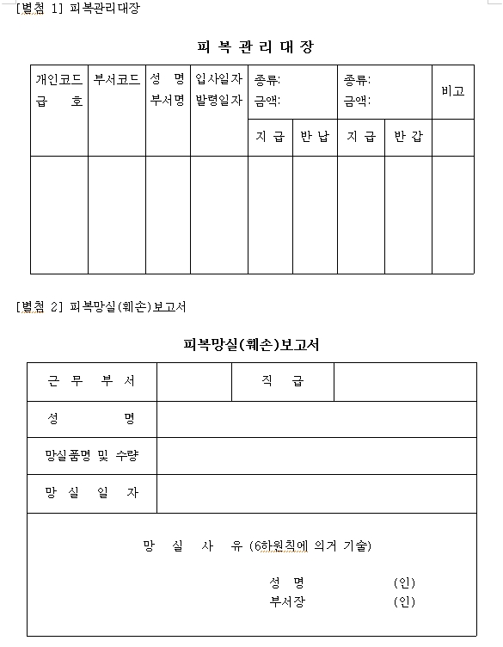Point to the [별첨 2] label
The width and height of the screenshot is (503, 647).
40,306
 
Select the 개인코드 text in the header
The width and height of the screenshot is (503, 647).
58,79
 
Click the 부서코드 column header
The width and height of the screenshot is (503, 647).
116,79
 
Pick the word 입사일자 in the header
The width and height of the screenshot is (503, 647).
218,79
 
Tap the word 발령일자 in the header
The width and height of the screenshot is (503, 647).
218,100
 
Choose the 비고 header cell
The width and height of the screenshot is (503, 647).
452,90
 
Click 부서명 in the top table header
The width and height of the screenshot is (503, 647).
168,100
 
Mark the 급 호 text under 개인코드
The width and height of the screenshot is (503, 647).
58,101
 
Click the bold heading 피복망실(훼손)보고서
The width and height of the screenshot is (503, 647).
251,345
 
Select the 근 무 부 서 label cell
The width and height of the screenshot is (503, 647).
91,381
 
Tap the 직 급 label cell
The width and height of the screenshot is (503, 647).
282,381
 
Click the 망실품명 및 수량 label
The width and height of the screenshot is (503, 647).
91,455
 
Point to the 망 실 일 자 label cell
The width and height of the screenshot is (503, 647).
91,493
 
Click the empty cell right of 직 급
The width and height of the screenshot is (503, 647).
404,381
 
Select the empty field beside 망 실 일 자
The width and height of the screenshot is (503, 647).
316,493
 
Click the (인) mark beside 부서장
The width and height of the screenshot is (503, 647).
404,601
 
